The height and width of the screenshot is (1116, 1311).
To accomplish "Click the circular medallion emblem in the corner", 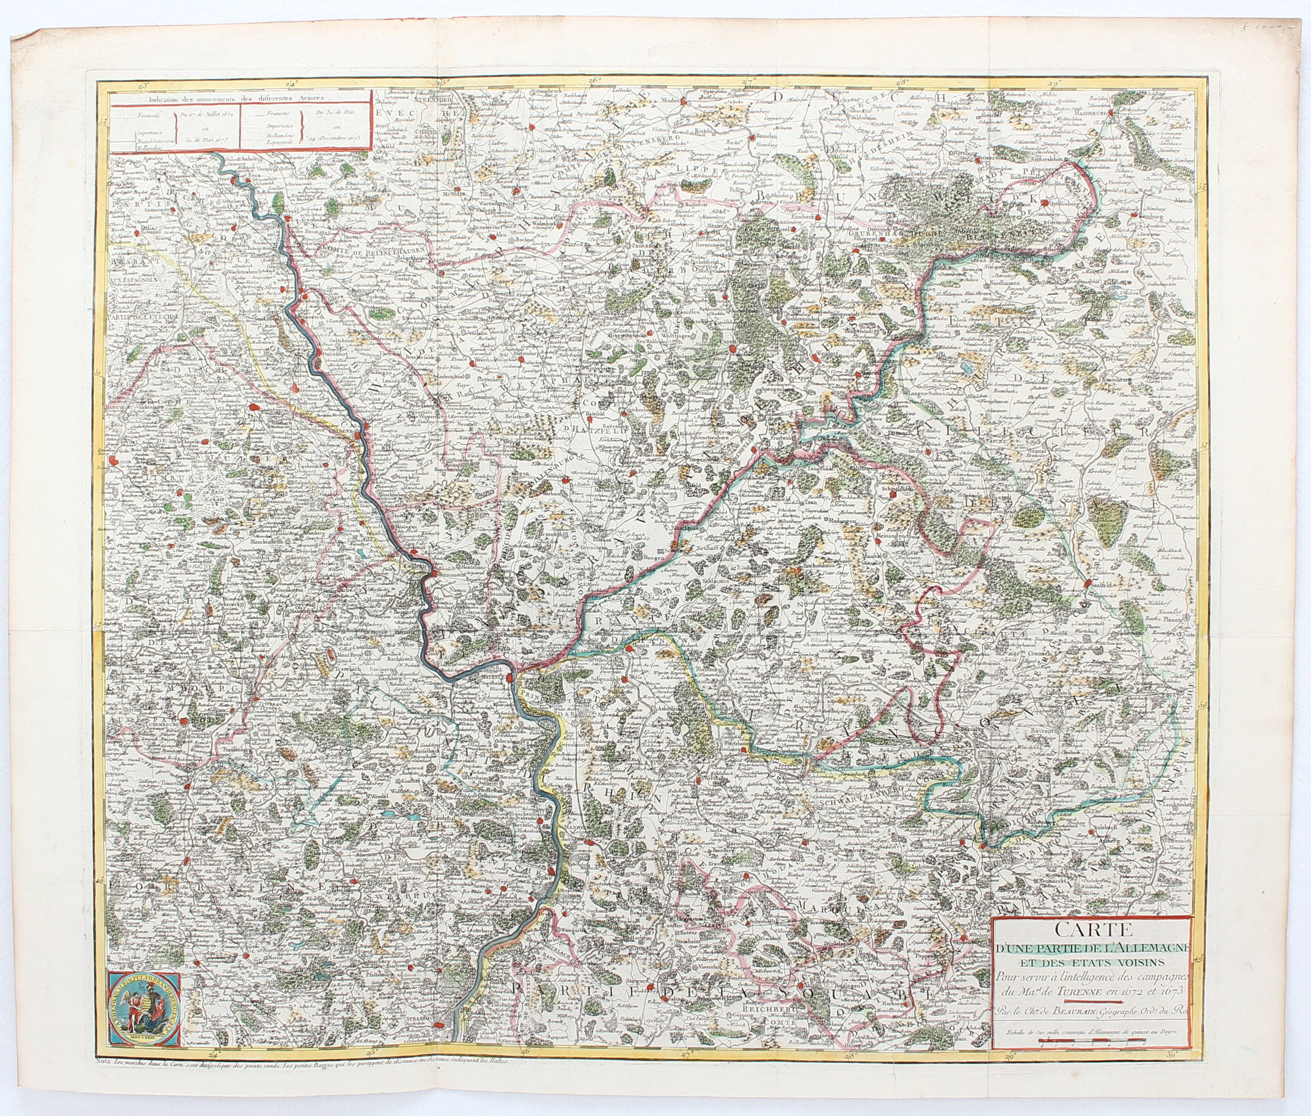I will pyautogui.click(x=144, y=1007).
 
